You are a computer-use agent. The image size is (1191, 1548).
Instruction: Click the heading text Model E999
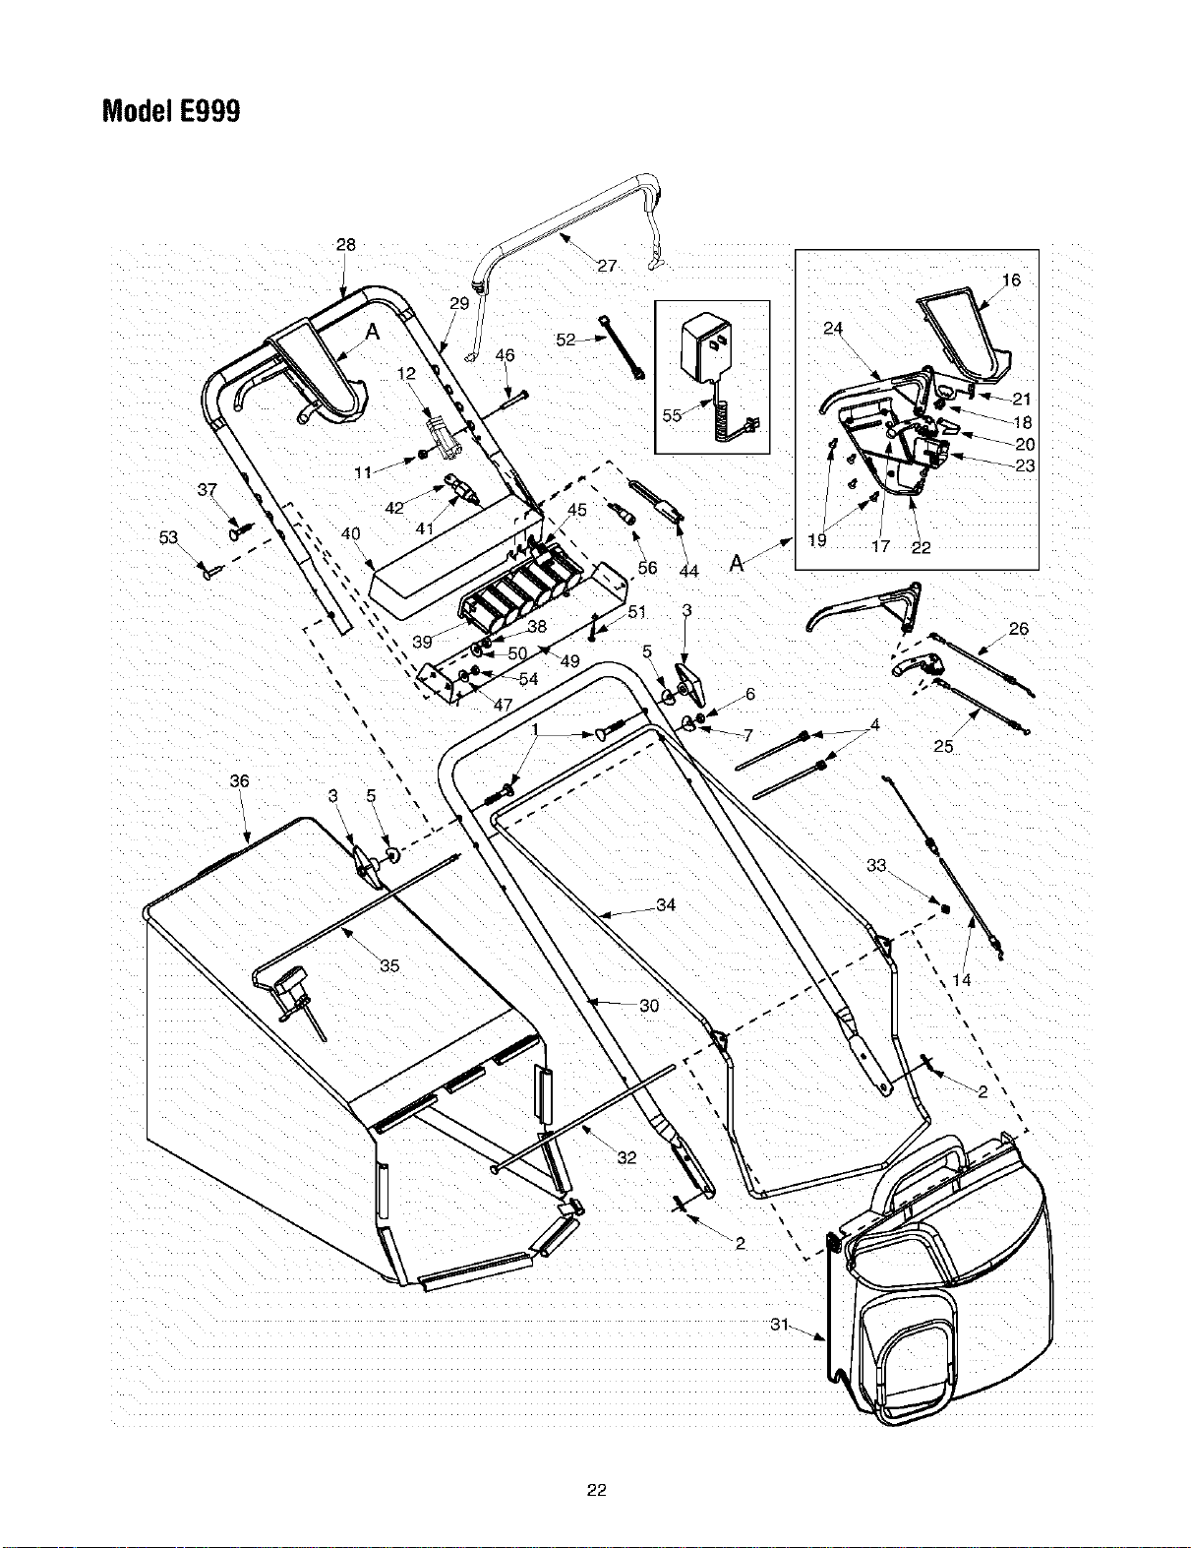(x=171, y=111)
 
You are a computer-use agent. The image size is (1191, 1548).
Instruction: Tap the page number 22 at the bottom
(x=596, y=1490)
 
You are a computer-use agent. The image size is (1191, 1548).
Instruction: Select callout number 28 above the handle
(x=346, y=244)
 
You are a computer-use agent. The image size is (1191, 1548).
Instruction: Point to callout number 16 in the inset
(x=1011, y=279)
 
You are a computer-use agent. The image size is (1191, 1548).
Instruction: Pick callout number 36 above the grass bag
(x=239, y=780)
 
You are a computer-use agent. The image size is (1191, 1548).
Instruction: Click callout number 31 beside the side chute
(x=780, y=1325)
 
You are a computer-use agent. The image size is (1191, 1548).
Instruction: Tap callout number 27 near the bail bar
(x=607, y=266)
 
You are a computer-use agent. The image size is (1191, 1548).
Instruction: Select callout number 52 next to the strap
(x=566, y=340)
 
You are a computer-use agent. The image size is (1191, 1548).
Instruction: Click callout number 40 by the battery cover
(x=350, y=533)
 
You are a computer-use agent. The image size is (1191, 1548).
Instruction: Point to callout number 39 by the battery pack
(x=422, y=642)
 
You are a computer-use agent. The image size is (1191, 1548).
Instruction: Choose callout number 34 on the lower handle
(x=666, y=904)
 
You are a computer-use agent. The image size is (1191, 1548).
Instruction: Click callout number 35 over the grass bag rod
(x=389, y=966)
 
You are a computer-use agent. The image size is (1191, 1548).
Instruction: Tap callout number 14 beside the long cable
(x=961, y=980)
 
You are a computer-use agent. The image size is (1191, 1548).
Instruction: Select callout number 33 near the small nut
(x=876, y=865)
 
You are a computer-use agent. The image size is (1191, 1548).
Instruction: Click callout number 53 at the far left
(x=168, y=537)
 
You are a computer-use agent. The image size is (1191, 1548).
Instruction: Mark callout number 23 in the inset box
(x=1025, y=465)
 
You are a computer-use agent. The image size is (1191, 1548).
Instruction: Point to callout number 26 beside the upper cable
(x=1019, y=628)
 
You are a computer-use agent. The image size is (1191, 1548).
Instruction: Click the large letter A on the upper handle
(x=373, y=332)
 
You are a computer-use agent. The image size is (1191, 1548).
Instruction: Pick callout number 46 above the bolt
(x=505, y=354)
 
